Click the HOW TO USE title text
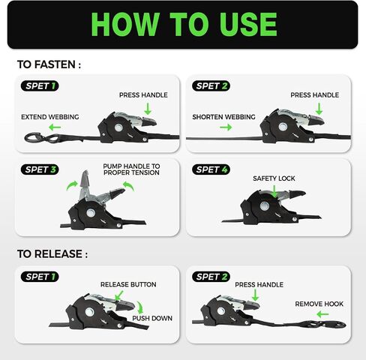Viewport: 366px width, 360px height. [184, 24]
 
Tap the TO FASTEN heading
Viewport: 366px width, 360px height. [49, 64]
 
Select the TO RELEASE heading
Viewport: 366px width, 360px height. [52, 254]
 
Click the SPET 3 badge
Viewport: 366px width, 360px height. [40, 169]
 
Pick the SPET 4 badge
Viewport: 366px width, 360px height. [211, 169]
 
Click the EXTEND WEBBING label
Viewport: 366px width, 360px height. [50, 117]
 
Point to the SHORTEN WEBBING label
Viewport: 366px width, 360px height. [223, 117]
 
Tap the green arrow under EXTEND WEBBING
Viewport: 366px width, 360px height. [55, 127]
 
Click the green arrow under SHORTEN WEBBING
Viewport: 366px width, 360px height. [226, 127]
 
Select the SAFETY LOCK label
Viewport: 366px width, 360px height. [274, 178]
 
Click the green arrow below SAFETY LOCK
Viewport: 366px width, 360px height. [274, 192]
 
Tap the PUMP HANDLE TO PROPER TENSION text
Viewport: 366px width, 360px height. [131, 169]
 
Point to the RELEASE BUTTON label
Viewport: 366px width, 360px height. [128, 284]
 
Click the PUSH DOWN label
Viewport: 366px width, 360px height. [152, 318]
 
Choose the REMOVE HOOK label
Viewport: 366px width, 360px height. [319, 304]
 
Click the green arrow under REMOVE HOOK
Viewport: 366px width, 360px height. [322, 314]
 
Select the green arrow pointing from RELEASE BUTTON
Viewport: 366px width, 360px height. [119, 295]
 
